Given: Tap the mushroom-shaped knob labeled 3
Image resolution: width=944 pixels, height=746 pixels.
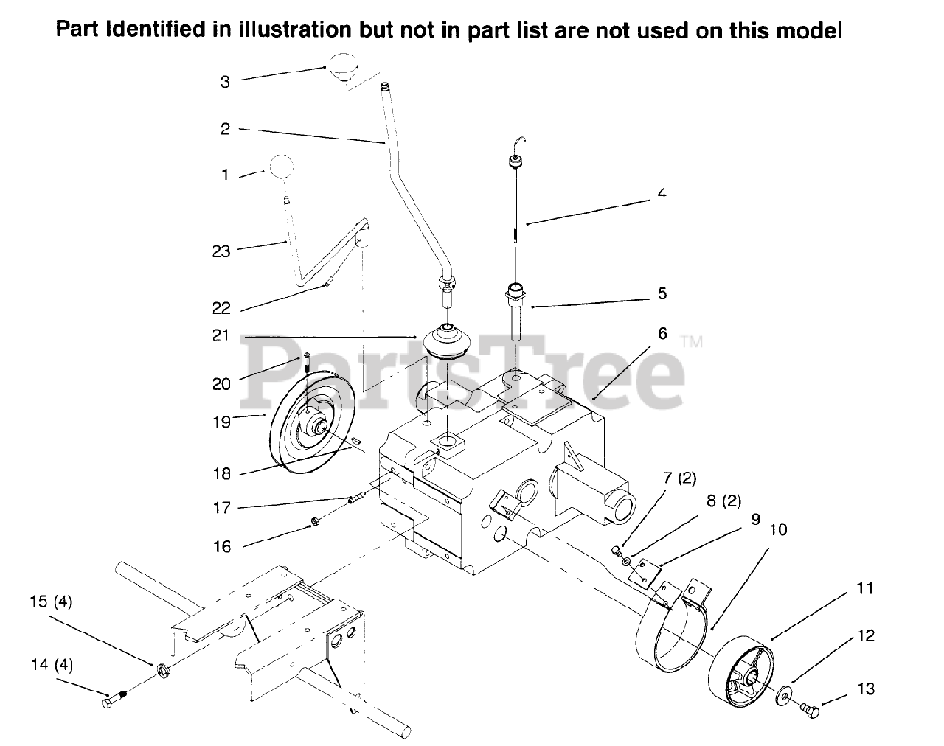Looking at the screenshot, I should click(x=341, y=66).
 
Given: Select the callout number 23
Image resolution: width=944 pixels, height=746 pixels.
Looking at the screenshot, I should click(x=221, y=251).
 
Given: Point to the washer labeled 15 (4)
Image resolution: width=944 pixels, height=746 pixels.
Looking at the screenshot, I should click(x=162, y=669).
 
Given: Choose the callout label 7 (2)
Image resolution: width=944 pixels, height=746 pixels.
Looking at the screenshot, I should click(x=679, y=478).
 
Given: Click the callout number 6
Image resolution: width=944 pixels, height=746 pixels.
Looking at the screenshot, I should click(x=662, y=333).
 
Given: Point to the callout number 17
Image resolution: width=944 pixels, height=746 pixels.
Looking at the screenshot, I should click(x=221, y=508).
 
